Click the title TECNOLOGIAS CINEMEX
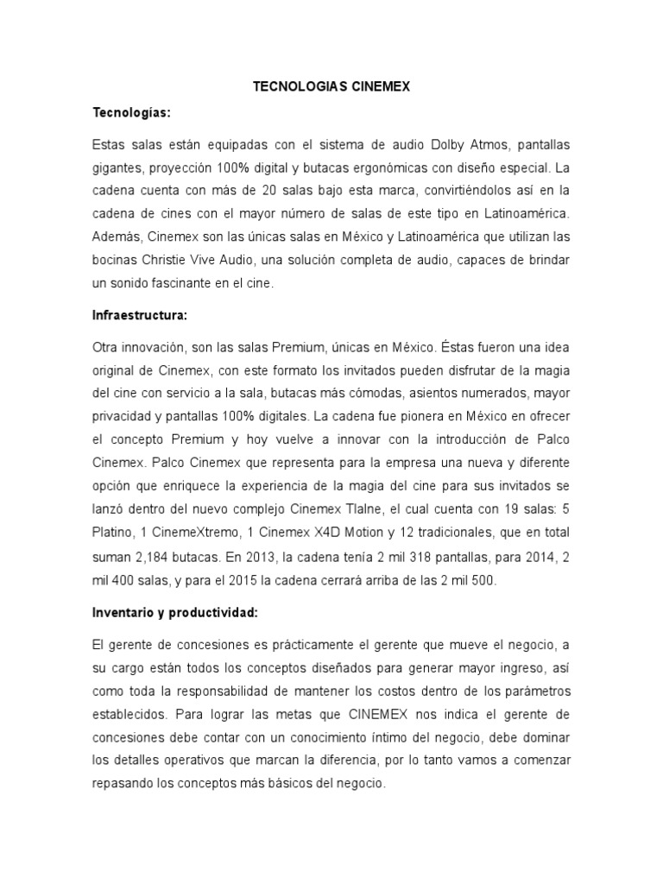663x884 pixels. point(331,86)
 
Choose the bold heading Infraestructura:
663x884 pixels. point(138,316)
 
